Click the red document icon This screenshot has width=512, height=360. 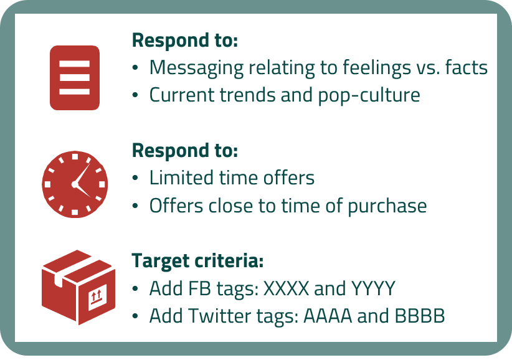pos(75,78)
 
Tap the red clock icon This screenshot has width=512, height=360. pos(75,184)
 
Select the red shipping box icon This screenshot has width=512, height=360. pos(78,287)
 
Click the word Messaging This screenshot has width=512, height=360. pos(196,68)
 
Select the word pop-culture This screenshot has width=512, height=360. pos(369,95)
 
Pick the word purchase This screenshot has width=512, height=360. pos(387,206)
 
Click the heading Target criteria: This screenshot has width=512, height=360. pos(197,261)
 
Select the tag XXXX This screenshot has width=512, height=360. pos(286,288)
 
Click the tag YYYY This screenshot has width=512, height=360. pos(373,288)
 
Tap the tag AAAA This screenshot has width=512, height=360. pos(328,316)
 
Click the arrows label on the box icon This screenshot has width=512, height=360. pos(98,297)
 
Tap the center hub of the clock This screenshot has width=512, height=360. pos(75,184)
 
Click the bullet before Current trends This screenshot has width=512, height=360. pos(135,95)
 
